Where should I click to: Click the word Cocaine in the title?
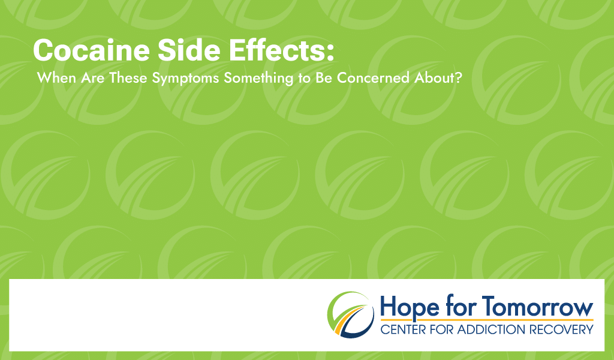[x=92, y=50]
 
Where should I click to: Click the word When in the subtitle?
[x=56, y=78]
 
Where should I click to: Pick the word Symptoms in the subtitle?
[x=185, y=79]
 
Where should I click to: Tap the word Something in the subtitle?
[x=258, y=79]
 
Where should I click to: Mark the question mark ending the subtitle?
[x=458, y=78]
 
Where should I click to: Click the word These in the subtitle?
[x=128, y=78]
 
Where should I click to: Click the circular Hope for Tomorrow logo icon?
[x=351, y=314]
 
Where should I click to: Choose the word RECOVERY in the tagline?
[x=561, y=329]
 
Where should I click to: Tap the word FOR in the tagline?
[x=441, y=329]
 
